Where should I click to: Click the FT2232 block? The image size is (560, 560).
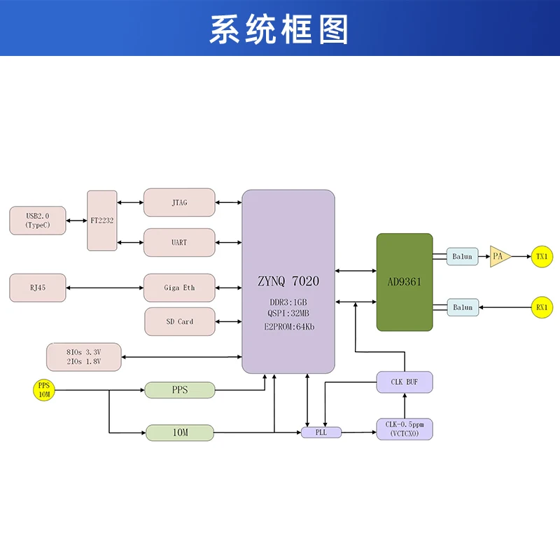pos(102,220)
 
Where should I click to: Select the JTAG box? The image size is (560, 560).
pos(179,202)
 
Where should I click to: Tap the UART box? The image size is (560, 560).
pos(179,242)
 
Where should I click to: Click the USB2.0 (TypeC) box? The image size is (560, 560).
pos(37,220)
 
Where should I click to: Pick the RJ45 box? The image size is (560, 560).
pos(38,288)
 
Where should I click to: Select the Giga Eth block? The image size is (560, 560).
pos(179,288)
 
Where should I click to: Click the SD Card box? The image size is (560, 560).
pos(179,321)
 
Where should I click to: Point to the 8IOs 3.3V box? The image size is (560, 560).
pos(83,357)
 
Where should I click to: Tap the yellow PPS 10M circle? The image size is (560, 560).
pos(43,391)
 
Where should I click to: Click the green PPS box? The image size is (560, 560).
pos(179,390)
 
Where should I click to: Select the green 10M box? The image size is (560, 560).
pos(179,433)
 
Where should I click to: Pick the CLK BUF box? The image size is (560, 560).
pos(405,381)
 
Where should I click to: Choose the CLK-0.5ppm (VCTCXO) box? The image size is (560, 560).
pos(405,429)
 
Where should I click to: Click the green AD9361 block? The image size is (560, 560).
pos(405,282)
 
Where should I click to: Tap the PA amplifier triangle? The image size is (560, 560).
pos(498,256)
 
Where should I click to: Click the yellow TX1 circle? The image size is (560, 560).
pos(542,256)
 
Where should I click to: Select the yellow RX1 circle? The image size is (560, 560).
pos(542,307)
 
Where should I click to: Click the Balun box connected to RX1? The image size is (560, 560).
pos(462,307)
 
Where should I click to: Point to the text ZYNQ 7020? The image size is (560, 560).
pos(288,281)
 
